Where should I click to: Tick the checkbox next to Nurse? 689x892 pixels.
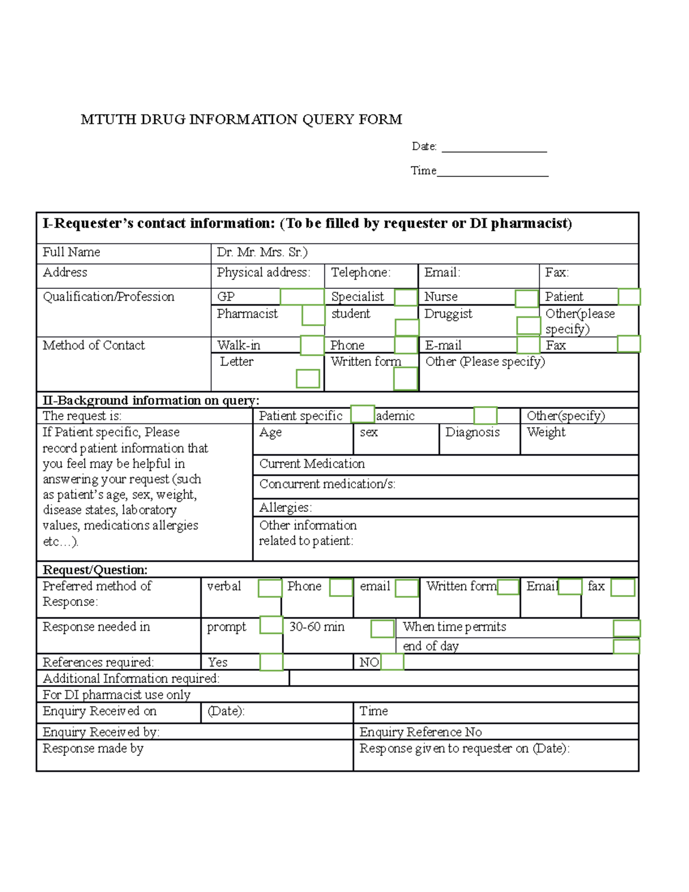(x=527, y=299)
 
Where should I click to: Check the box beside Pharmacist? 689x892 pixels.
(x=313, y=315)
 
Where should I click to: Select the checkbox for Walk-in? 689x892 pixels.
(x=312, y=346)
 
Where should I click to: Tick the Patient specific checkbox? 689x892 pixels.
(x=362, y=414)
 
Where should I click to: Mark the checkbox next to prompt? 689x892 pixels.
(x=271, y=625)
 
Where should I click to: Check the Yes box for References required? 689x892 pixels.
(x=271, y=662)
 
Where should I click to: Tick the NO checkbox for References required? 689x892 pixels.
(x=392, y=662)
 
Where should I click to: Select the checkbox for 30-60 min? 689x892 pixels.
(x=382, y=628)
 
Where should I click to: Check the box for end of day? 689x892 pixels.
(x=626, y=647)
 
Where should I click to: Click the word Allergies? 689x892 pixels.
(x=285, y=508)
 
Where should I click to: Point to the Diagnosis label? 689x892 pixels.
(x=473, y=433)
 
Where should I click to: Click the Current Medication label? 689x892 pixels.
(x=312, y=464)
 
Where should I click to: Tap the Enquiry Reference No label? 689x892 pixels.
(x=420, y=732)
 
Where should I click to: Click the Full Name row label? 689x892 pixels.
(x=71, y=252)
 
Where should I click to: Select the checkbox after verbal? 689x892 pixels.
(x=270, y=588)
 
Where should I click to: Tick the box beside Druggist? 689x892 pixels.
(x=528, y=325)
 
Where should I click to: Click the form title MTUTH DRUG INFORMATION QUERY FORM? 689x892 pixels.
(x=241, y=119)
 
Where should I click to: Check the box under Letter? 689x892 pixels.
(x=308, y=379)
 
